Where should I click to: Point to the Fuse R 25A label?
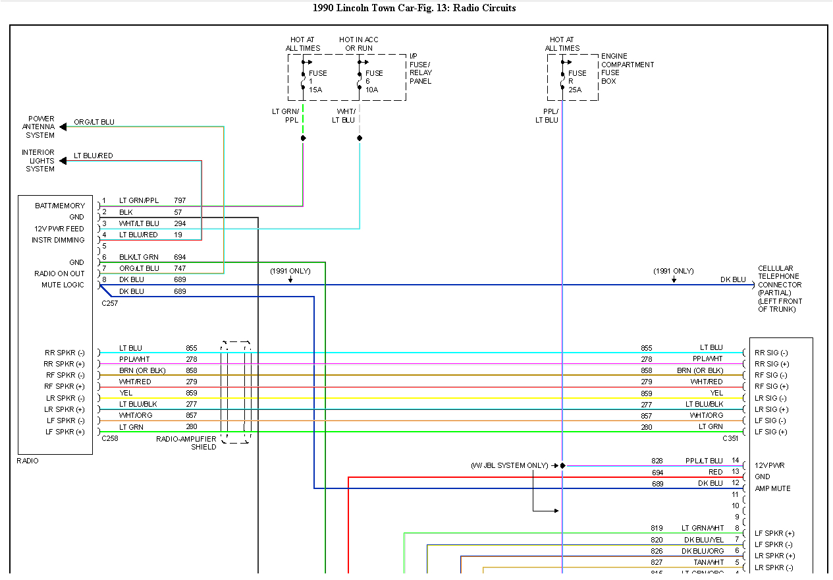coord(577,81)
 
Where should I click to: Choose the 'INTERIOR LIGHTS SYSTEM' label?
coord(39,161)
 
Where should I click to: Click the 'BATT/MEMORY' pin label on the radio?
coord(60,206)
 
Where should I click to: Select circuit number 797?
coord(180,200)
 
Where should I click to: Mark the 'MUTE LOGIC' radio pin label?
coord(63,285)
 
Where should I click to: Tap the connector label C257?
coord(110,304)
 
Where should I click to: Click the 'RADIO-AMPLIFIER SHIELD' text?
coord(186,443)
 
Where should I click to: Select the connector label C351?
coord(730,438)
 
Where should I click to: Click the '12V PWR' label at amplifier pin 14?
coord(768,465)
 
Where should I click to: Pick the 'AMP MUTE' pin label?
coord(772,488)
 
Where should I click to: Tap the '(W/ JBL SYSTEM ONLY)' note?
coord(509,465)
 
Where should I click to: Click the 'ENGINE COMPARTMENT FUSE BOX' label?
coord(627,69)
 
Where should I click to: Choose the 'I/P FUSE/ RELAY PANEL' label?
coord(421,69)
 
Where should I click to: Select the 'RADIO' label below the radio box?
coord(28,461)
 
